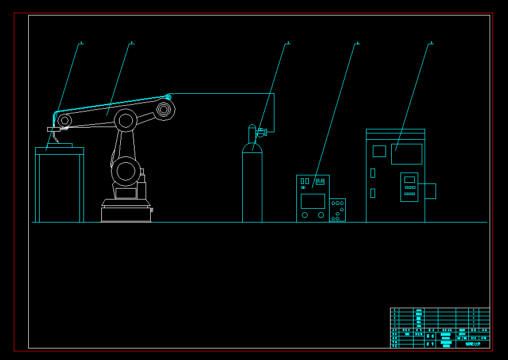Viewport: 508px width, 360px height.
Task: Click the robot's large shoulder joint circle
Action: (125, 171)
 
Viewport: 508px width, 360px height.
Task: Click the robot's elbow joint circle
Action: (125, 120)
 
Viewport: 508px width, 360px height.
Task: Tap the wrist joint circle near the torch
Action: (65, 121)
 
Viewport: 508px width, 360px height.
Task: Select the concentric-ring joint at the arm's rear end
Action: (165, 109)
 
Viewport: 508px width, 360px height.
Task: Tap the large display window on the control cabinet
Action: (407, 154)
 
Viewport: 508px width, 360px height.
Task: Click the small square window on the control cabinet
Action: (379, 151)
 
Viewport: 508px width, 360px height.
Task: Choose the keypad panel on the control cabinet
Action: (409, 187)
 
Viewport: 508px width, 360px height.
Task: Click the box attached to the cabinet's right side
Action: (430, 191)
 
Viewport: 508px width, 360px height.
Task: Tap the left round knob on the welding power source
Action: (305, 215)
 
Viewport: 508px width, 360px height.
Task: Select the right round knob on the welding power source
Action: (320, 215)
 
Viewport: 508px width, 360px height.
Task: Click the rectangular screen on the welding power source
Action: (313, 201)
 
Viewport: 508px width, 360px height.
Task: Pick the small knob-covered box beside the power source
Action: (338, 210)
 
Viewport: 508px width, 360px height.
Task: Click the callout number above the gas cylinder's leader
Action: (288, 43)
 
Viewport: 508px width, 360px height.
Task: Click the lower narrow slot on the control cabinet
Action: (373, 193)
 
